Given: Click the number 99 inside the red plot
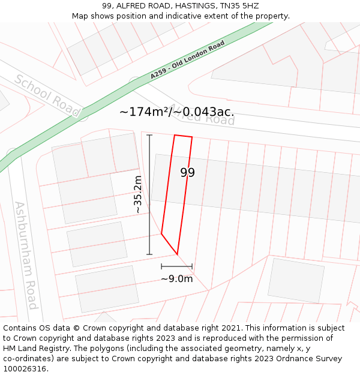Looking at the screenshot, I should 188,173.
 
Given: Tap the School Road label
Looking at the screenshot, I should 47,96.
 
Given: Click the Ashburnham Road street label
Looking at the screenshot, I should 26,255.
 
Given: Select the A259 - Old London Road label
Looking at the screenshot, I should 187,60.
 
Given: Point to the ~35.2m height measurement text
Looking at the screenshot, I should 137,194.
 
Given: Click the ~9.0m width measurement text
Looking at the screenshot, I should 176,278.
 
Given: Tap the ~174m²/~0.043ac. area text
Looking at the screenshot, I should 176,112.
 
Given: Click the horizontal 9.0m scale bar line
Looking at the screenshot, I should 176,266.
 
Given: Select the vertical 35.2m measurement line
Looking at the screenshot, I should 149,194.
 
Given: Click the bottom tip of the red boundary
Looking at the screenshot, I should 177,254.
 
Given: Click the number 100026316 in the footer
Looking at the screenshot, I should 24,369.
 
